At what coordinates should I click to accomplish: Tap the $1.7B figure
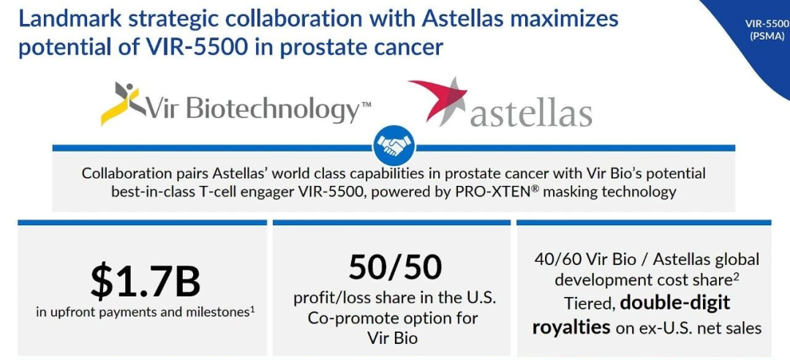[x=146, y=282]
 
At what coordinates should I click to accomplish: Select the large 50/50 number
[x=395, y=267]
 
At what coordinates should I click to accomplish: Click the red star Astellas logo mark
[x=438, y=100]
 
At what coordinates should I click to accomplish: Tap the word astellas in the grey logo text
[x=531, y=114]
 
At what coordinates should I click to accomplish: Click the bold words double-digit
[x=675, y=303]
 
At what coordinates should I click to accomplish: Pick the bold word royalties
[x=571, y=327]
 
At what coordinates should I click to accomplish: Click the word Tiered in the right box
[x=590, y=304]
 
